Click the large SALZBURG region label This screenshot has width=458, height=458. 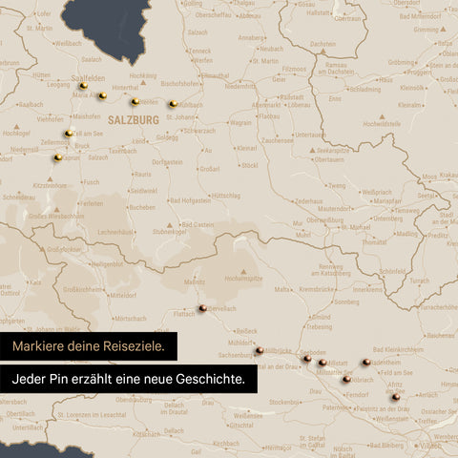coord(134,120)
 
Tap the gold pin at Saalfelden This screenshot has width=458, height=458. coord(83,86)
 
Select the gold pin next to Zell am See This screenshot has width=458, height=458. coord(69,134)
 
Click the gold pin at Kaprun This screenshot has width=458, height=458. coord(58,157)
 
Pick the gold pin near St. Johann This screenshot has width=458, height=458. coord(173,105)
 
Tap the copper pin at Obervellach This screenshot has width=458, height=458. coord(203,307)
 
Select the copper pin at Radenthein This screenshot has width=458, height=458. coord(366,363)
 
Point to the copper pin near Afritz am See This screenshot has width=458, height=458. coord(395,396)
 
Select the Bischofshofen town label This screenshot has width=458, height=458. coord(180,83)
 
